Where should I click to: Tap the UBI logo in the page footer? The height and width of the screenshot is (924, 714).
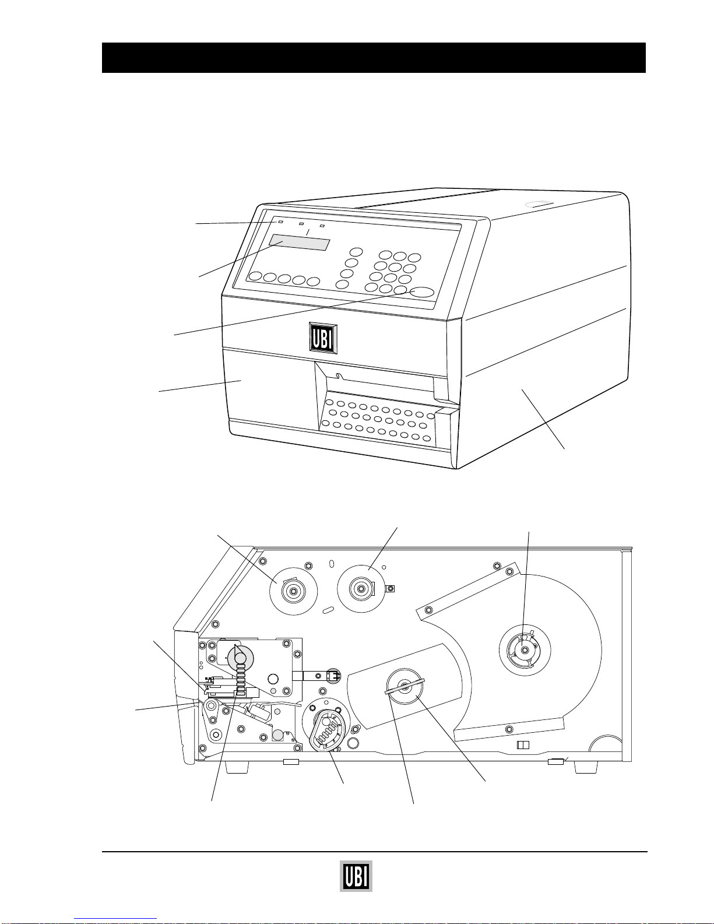tap(356, 876)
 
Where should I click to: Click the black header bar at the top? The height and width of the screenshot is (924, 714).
tap(374, 57)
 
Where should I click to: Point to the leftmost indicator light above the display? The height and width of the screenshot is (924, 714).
tap(280, 222)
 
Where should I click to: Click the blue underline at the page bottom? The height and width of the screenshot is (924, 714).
tap(115, 919)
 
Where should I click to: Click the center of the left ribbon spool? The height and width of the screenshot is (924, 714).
tap(293, 591)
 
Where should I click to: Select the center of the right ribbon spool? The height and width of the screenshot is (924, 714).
tap(361, 589)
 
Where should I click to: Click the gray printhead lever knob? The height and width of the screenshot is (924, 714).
tap(241, 658)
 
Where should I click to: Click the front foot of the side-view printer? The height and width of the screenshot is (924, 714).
tap(237, 767)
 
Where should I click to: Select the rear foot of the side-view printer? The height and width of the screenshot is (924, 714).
tap(586, 767)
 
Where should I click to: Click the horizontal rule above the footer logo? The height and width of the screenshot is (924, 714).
tap(374, 852)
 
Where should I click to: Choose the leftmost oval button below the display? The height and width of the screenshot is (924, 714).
tap(255, 276)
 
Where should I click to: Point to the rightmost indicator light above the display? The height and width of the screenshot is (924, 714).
tap(322, 226)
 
